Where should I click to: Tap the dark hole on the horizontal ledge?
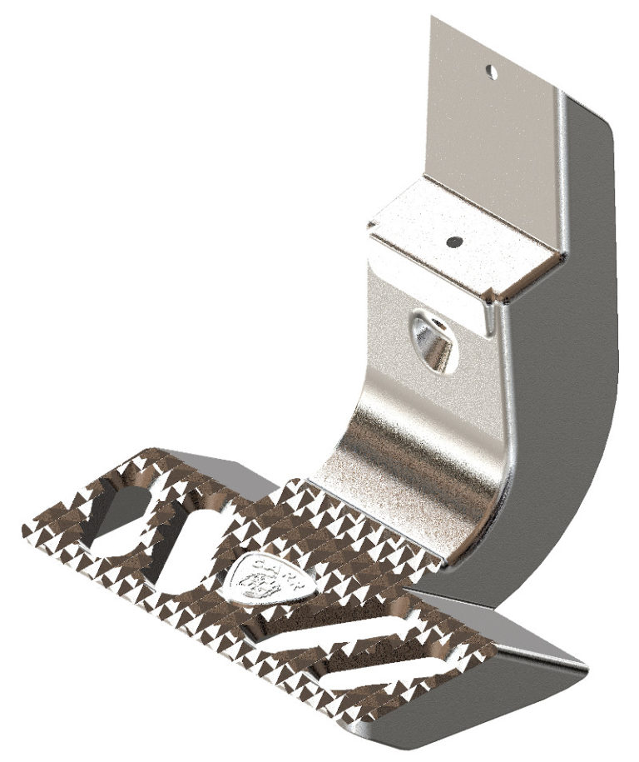(x=453, y=242)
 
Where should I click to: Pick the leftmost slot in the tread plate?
(x=121, y=512)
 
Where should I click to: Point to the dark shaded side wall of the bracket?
(x=566, y=375)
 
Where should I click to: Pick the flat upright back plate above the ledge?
(x=491, y=125)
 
